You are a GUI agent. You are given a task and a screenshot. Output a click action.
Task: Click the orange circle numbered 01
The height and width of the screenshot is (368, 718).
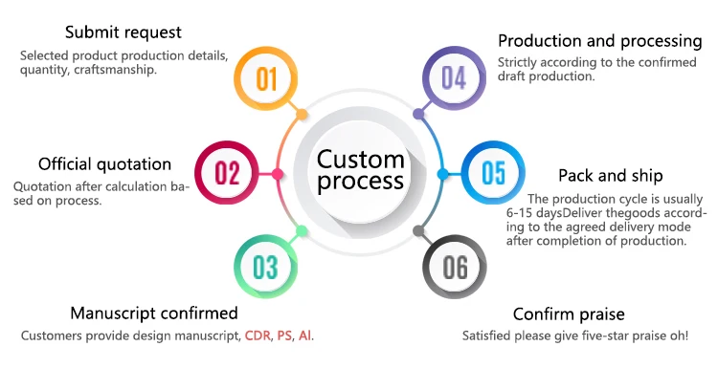coord(265,78)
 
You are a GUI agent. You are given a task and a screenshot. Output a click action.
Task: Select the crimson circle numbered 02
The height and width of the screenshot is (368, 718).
coord(227,173)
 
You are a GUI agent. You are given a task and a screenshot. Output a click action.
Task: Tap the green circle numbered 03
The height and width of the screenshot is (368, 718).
coord(265,267)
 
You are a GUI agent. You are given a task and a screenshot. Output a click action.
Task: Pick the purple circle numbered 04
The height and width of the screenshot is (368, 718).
coord(454,78)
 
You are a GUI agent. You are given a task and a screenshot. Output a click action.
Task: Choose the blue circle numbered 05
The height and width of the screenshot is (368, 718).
coord(493,173)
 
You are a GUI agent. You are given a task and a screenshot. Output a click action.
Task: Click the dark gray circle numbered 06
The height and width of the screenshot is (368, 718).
coord(455,267)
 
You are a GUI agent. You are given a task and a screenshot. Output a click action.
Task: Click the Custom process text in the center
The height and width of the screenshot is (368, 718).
coord(360,170)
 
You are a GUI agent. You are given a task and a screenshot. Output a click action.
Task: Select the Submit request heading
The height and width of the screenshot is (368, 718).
coord(123,32)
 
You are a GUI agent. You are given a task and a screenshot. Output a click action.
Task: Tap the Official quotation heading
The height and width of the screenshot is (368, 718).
coord(105,164)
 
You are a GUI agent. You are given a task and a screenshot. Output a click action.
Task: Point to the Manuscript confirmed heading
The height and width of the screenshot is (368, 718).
coord(154,314)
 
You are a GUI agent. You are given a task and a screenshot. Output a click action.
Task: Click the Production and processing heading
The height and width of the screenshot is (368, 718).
coord(600,41)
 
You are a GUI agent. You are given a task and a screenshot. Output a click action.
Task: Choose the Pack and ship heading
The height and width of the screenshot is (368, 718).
coord(611,176)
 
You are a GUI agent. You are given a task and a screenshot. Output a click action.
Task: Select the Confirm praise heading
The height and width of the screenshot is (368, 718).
coord(569,314)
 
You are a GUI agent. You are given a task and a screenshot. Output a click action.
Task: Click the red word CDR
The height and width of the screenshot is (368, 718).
coord(258,336)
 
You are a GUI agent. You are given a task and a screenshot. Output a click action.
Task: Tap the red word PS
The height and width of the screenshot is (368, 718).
coord(284,336)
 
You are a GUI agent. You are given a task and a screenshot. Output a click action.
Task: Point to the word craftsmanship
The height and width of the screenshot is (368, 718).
coord(115,70)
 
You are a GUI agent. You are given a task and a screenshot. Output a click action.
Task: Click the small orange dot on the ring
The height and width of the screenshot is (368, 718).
coord(302,115)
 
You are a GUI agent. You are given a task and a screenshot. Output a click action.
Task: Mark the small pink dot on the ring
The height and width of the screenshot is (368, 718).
coord(278,174)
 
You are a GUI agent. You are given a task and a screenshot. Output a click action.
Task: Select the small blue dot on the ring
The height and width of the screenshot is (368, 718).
coord(443,174)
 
